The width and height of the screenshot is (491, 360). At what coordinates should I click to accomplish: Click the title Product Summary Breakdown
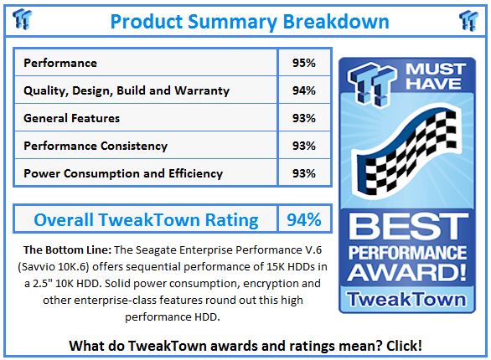click(250, 21)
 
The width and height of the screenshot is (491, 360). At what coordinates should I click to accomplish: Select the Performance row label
click(60, 63)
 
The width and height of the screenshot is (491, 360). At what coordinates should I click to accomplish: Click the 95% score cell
click(304, 63)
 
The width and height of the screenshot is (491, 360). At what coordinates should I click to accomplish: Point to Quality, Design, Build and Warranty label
click(127, 90)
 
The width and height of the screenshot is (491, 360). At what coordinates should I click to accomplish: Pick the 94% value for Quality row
click(304, 90)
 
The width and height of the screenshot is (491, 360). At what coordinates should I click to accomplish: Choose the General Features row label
click(72, 118)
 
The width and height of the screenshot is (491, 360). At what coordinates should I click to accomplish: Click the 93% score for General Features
click(304, 118)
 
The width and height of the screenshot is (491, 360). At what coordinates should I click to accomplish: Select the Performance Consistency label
click(96, 146)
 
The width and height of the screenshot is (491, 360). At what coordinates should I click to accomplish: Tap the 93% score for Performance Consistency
click(304, 146)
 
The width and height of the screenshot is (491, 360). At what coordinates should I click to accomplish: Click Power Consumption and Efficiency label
click(123, 173)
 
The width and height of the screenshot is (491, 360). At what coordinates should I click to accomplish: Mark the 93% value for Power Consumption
click(304, 173)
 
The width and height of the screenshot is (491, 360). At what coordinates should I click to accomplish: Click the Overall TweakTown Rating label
click(146, 220)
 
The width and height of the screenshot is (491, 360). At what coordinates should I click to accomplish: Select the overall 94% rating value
click(303, 220)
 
